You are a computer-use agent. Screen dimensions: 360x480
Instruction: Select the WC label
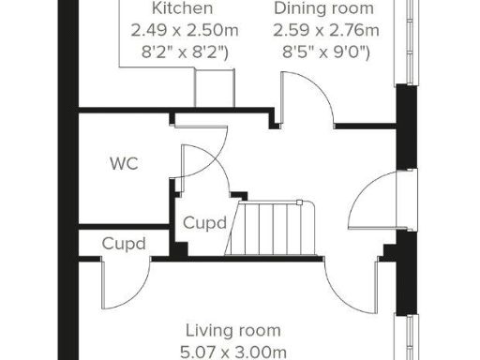[x=124, y=163]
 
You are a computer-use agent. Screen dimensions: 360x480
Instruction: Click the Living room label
[x=232, y=330]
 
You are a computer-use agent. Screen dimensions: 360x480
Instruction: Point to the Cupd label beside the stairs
[x=204, y=224]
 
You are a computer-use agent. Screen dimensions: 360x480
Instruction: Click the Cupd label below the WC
[x=125, y=244]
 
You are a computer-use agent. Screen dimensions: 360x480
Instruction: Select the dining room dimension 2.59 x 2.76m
[x=326, y=30]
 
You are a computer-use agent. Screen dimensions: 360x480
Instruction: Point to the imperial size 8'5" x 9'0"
[x=326, y=52]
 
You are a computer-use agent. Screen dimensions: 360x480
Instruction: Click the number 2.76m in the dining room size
[x=358, y=30]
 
